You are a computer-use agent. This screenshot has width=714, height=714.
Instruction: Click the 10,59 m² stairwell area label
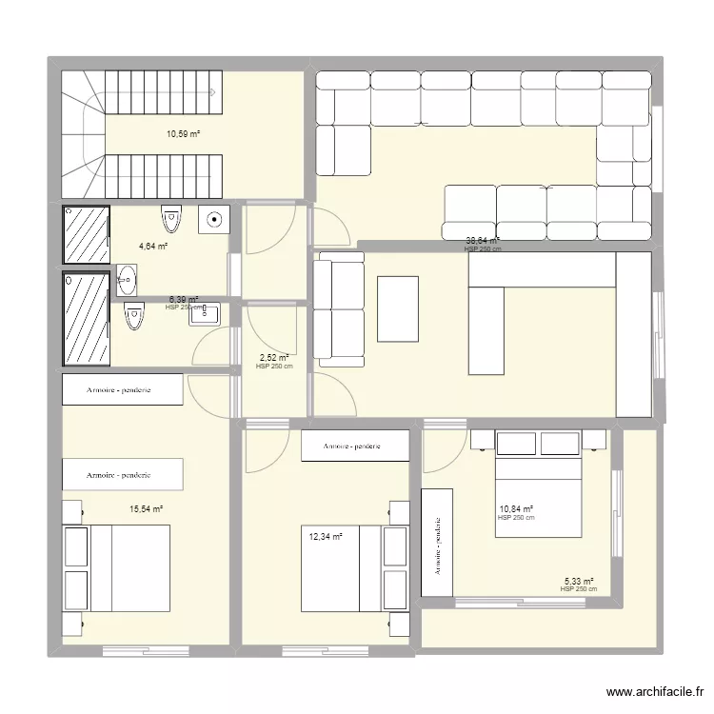click(183, 133)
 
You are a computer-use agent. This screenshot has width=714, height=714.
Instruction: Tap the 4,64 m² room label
click(153, 246)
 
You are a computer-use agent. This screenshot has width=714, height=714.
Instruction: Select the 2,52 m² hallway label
click(274, 359)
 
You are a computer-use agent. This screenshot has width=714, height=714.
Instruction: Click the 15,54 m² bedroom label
click(147, 509)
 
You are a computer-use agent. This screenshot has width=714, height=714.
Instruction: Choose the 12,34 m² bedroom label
click(323, 537)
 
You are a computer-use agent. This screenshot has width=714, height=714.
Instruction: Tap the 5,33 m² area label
click(579, 582)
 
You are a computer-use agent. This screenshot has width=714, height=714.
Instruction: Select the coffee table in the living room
click(398, 308)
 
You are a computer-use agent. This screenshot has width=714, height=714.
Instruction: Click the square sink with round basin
click(213, 220)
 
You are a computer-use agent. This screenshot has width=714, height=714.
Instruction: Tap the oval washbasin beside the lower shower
click(127, 279)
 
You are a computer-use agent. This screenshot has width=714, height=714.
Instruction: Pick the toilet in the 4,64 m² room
click(171, 218)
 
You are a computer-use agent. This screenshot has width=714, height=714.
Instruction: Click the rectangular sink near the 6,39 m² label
click(205, 314)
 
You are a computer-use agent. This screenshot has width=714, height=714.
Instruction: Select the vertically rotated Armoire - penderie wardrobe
click(438, 544)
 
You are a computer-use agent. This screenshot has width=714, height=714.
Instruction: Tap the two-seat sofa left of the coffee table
click(340, 308)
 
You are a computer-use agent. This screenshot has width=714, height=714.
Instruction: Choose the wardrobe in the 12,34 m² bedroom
click(354, 446)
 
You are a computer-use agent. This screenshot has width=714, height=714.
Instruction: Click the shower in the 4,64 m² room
click(86, 233)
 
